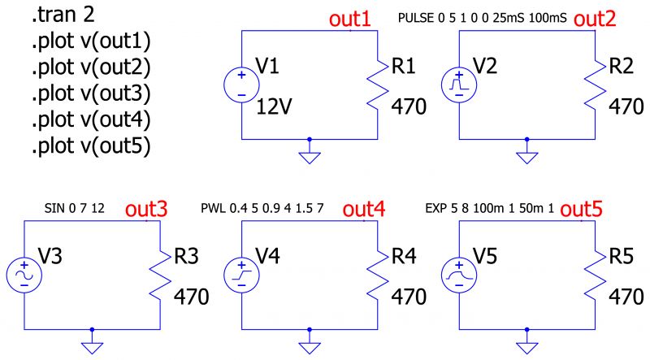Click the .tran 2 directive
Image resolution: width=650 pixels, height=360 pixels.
[64, 16]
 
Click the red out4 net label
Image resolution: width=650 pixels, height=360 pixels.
[364, 210]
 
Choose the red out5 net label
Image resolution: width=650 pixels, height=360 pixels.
[582, 210]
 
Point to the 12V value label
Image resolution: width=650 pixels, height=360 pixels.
[274, 107]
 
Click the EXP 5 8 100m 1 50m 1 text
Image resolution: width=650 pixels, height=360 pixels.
[490, 210]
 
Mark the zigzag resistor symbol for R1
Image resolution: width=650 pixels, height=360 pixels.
[378, 85]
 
